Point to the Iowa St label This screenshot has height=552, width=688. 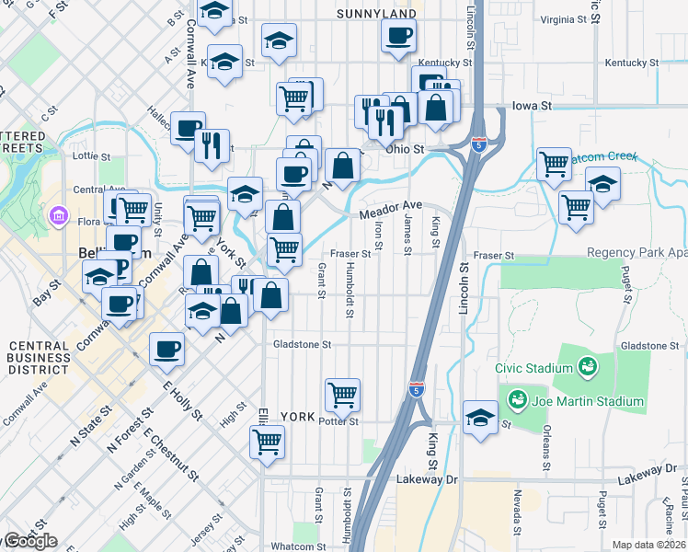pyautogui.click(x=532, y=106)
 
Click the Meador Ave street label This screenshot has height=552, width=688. pyautogui.click(x=390, y=211)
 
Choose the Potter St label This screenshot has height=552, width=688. pyautogui.click(x=338, y=420)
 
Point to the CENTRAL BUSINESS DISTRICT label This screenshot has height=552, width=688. pyautogui.click(x=39, y=358)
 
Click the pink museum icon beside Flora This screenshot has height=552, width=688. pyautogui.click(x=60, y=218)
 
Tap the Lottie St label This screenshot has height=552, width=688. pyautogui.click(x=92, y=156)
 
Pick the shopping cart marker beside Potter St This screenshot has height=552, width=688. pyautogui.click(x=343, y=396)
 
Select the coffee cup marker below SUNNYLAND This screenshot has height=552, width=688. pyautogui.click(x=399, y=37)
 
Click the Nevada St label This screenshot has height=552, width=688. pyautogui.click(x=518, y=504)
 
